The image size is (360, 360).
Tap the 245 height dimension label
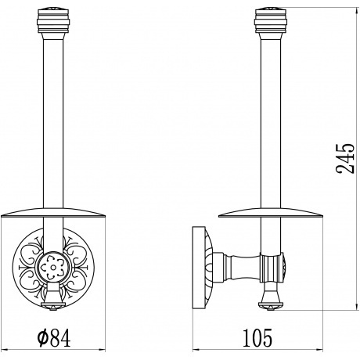tap(345, 158)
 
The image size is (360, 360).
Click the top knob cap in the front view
tap(53, 21)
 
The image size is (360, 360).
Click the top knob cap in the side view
tap(271, 21)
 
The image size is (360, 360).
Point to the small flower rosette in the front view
tap(53, 267)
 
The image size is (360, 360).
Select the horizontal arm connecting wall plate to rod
tap(237, 267)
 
